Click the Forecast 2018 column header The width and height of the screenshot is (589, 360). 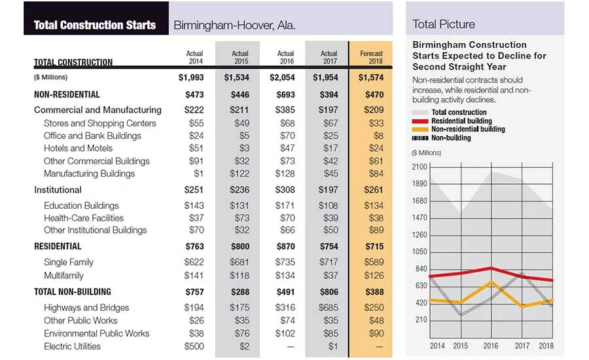click(x=371, y=57)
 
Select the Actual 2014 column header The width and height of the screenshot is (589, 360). click(x=194, y=57)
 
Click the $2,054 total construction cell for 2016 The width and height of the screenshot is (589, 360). click(x=282, y=77)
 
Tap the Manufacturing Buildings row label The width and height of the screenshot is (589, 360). click(x=89, y=173)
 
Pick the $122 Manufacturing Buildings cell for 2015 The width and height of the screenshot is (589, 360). click(x=240, y=173)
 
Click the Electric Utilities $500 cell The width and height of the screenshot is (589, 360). click(x=194, y=346)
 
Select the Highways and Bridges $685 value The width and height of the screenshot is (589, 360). click(x=329, y=308)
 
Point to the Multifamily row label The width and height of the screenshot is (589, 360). click(x=63, y=276)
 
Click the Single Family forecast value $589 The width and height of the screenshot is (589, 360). click(x=374, y=262)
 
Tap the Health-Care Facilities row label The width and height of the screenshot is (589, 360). click(x=83, y=218)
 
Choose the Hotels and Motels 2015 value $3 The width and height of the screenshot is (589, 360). click(x=244, y=148)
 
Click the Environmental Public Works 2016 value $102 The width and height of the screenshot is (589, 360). click(x=285, y=333)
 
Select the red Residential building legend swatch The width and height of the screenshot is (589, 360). click(x=420, y=121)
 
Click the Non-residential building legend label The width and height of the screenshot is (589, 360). click(x=468, y=129)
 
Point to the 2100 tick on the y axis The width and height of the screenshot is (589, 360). click(x=419, y=167)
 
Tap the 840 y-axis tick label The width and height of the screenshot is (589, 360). click(x=421, y=268)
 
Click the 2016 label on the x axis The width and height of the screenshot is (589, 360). click(x=491, y=346)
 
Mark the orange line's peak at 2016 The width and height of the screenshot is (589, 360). click(x=491, y=282)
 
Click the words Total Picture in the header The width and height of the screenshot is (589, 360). click(x=444, y=24)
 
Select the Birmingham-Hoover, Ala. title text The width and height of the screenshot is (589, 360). click(x=234, y=25)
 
